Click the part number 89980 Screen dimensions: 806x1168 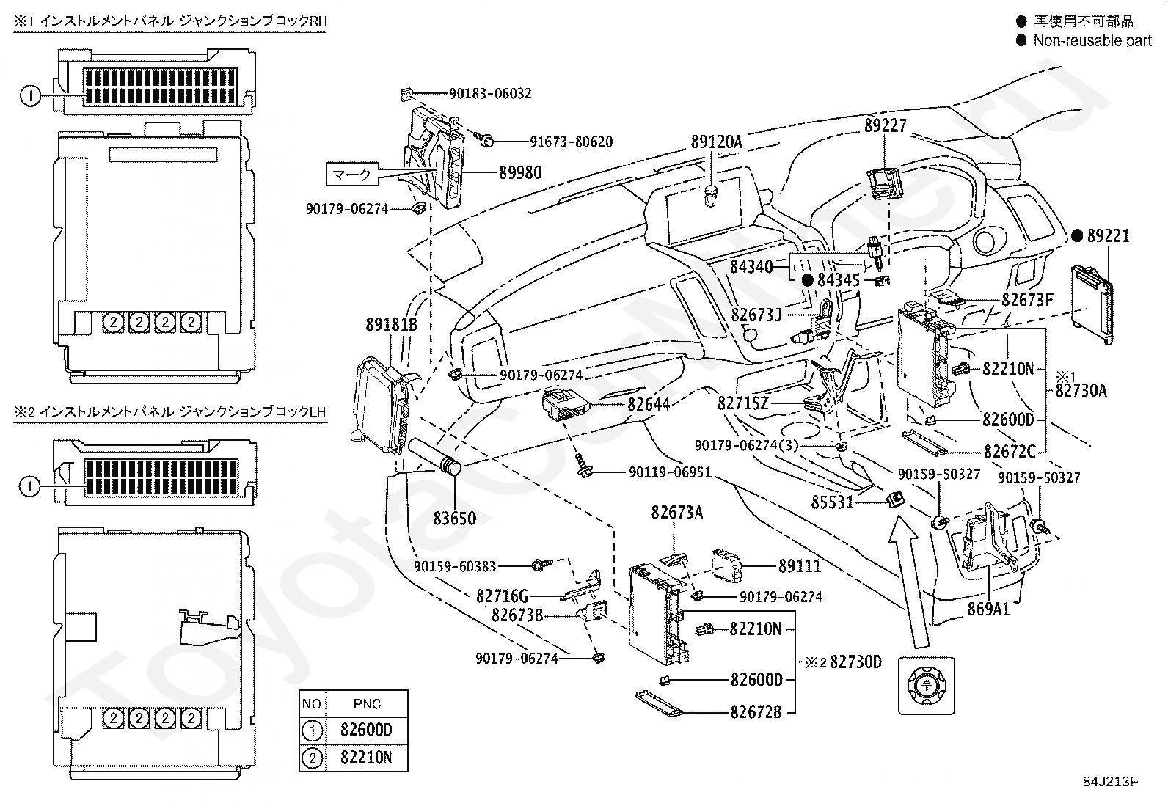(520, 173)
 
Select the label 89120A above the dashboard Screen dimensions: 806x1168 (716, 142)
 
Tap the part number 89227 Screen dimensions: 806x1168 (885, 125)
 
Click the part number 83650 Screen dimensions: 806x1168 (454, 519)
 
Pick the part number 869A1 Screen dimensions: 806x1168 (988, 609)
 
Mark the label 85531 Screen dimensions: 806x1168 (833, 502)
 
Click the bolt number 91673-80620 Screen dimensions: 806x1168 (571, 142)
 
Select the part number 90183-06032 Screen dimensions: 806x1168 (490, 94)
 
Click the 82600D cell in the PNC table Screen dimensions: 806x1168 (366, 730)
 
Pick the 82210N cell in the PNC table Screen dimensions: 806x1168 (366, 758)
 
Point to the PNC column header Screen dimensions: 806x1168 (366, 704)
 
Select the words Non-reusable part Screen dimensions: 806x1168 (1092, 41)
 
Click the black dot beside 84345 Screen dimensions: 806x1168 (807, 280)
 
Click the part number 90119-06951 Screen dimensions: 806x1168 (669, 472)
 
